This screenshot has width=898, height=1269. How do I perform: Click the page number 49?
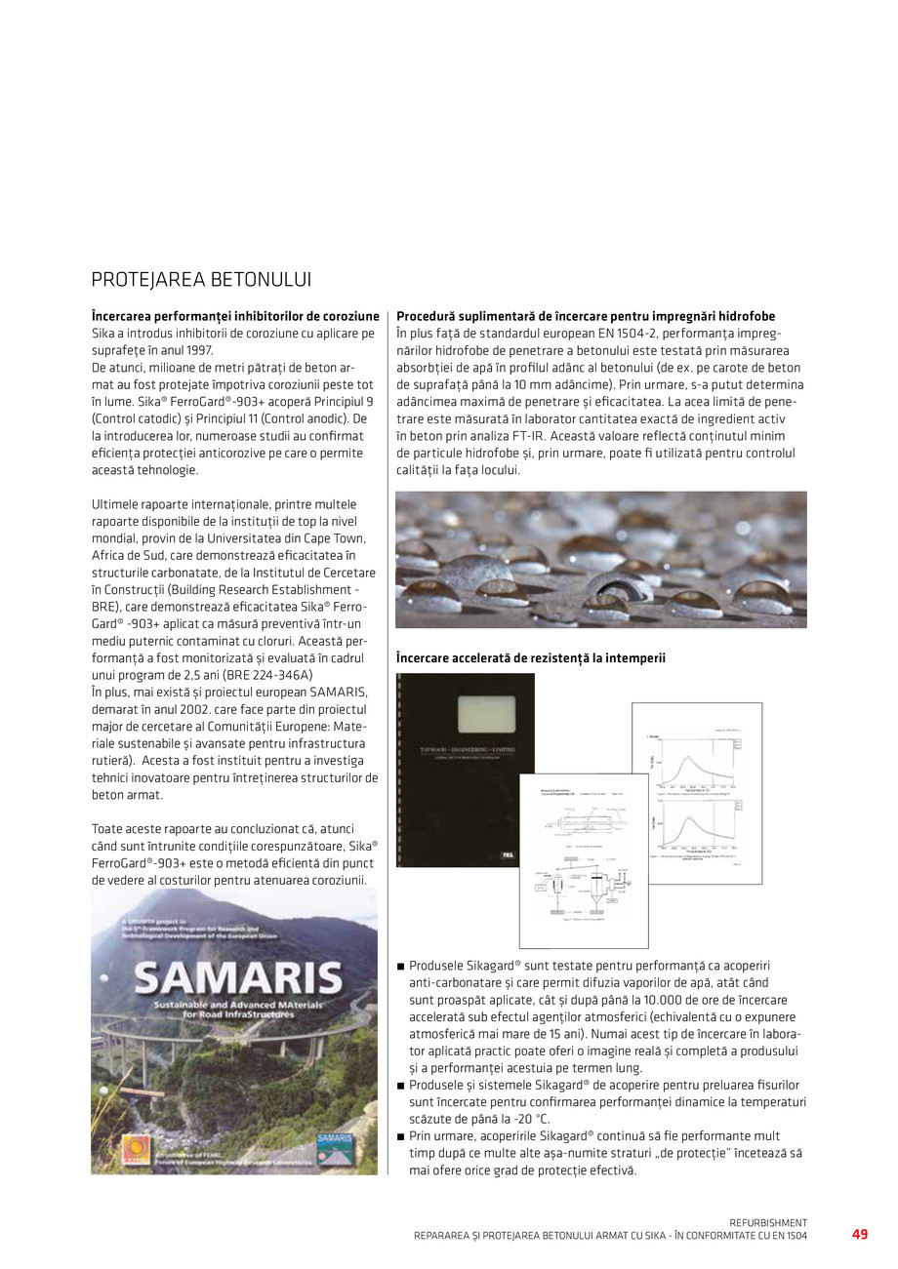[859, 1234]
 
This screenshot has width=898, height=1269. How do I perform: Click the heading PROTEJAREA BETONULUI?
[201, 280]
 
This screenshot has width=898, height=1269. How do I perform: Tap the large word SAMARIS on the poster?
[236, 976]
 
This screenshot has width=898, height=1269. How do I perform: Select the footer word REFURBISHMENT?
[768, 1222]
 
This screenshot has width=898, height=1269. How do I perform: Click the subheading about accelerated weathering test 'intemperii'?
[530, 658]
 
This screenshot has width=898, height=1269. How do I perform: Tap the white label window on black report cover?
[466, 705]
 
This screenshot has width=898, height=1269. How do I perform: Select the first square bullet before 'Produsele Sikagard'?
[400, 967]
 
